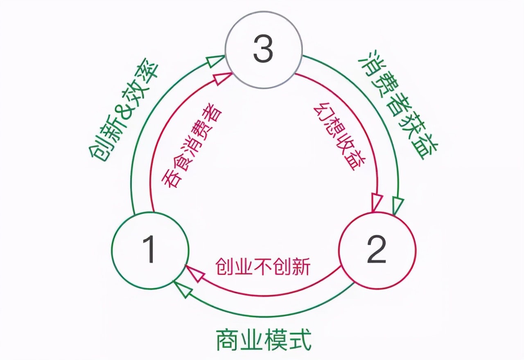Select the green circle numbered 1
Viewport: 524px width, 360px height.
[150, 250]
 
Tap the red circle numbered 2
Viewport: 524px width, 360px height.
[377, 250]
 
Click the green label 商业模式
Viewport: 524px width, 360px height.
[264, 339]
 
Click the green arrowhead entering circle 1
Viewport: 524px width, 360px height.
[181, 289]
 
